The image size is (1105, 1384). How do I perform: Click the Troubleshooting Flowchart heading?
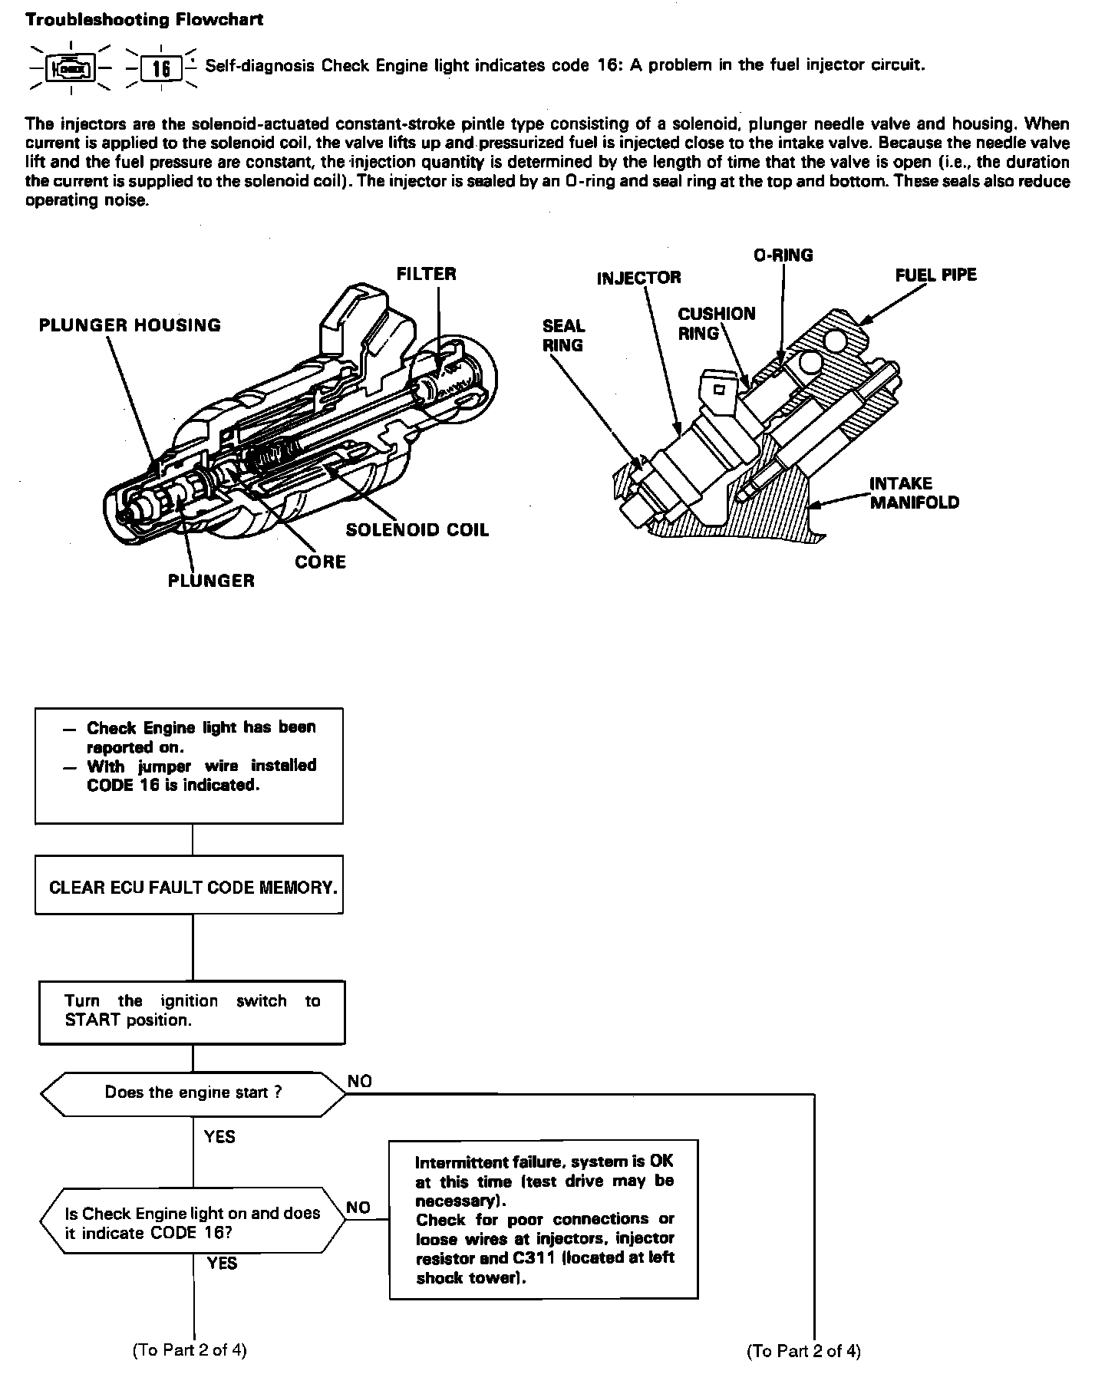point(144,20)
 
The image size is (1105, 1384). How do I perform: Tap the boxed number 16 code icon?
point(161,69)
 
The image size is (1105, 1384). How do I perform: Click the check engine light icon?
point(71,69)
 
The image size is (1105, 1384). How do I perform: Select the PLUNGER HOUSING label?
point(130,325)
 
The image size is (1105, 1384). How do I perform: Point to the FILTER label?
point(426,274)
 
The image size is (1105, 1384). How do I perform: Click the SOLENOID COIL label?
point(417,530)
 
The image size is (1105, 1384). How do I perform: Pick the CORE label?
point(320,562)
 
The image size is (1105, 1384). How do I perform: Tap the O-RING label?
point(783,255)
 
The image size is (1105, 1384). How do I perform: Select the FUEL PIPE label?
point(935,275)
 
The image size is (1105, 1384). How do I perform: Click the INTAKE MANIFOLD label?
point(914,493)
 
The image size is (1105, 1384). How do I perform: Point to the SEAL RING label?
point(563,336)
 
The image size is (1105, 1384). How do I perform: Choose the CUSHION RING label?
point(716,323)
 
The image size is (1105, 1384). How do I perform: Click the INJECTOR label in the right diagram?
point(638,278)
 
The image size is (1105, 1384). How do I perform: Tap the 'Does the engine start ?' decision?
point(193,1092)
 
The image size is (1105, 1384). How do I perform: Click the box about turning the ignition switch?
point(192,1011)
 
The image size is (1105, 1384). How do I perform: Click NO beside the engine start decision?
point(359,1081)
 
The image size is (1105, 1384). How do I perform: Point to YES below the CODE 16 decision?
point(222,1264)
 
